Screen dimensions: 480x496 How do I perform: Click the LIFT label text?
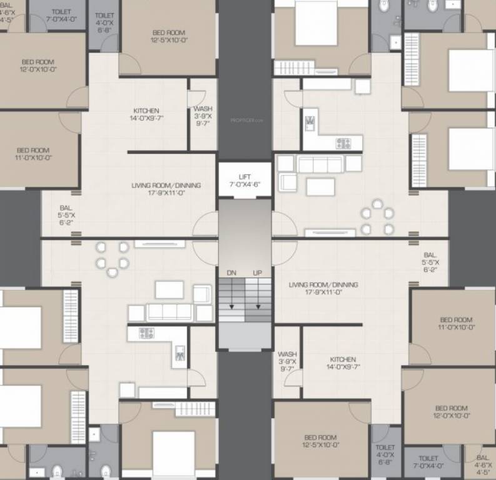click(x=245, y=177)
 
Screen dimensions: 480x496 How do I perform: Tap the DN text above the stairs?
click(x=231, y=273)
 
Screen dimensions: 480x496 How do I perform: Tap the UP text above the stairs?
click(x=257, y=273)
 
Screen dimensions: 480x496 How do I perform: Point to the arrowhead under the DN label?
click(x=231, y=306)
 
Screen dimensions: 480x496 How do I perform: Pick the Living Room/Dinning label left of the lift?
click(x=166, y=186)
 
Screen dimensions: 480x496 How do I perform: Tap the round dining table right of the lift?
click(x=377, y=217)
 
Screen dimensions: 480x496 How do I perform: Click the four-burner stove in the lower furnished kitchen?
click(x=146, y=332)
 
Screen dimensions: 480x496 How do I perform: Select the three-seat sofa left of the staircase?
click(x=169, y=312)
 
